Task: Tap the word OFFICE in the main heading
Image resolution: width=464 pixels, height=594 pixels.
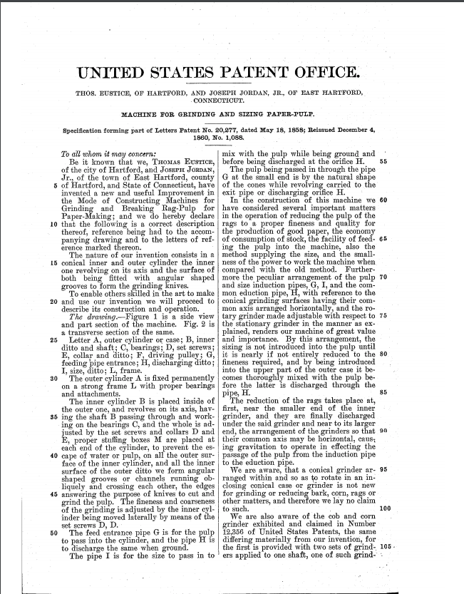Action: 326,73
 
